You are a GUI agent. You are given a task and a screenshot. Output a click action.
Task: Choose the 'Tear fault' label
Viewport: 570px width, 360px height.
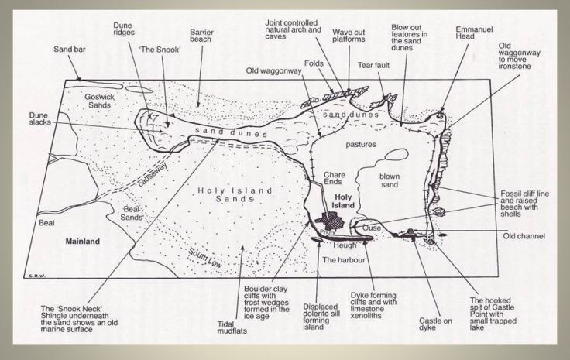point(371,66)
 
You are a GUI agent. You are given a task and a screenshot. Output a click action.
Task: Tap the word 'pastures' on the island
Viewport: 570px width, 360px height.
point(361,143)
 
